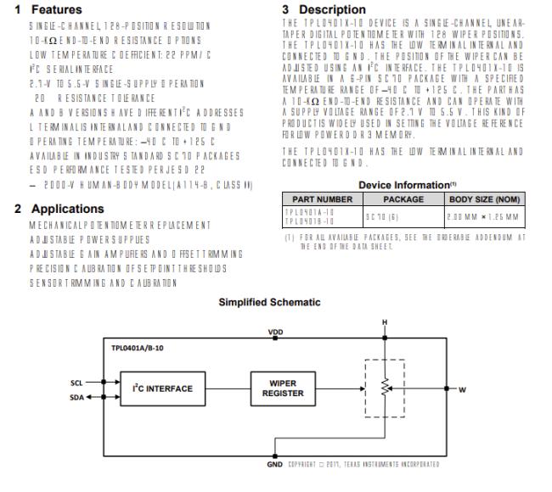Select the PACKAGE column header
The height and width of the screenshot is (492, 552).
coord(403,198)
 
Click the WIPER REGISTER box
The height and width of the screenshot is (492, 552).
coord(283,389)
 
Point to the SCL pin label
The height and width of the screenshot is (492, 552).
coord(76,383)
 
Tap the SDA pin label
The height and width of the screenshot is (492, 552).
coord(76,395)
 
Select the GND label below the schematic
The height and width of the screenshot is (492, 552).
coord(275,464)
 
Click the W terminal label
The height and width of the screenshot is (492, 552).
coord(462,389)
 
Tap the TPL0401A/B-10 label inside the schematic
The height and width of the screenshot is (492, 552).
coord(140,348)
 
